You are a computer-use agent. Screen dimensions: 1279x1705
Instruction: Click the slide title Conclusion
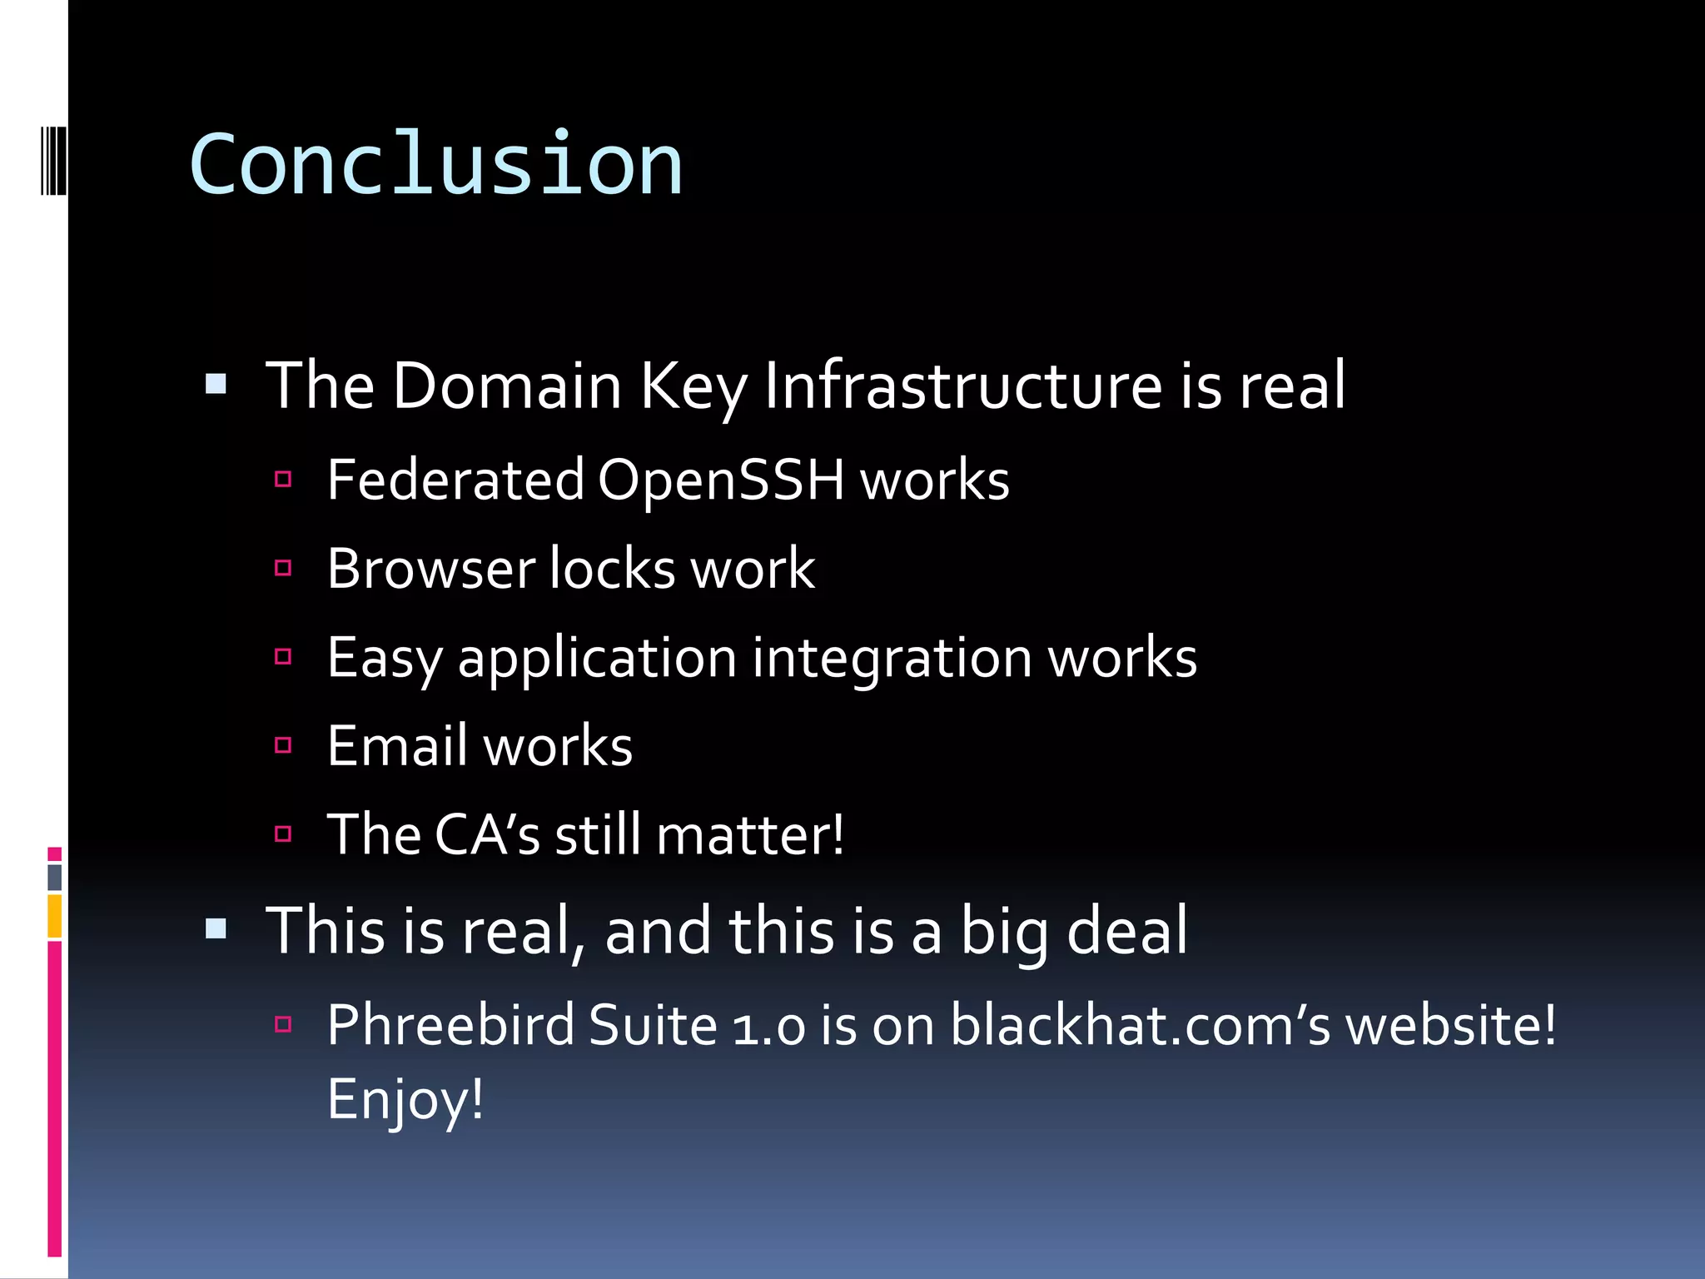coord(436,165)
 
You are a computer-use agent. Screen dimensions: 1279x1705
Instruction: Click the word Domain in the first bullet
coord(507,386)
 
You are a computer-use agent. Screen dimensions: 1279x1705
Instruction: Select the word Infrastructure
coord(962,386)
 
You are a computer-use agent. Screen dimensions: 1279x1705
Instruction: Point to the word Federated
coord(456,480)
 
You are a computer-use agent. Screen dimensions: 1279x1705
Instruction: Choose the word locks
coord(613,570)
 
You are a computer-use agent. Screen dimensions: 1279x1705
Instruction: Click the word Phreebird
coord(450,1025)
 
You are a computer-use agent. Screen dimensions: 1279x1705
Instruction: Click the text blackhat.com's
coord(1141,1025)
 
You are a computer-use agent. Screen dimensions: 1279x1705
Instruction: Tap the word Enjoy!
coord(405,1100)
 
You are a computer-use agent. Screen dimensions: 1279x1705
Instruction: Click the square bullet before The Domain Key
coord(216,384)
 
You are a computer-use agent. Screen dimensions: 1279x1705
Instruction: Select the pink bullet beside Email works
coord(283,745)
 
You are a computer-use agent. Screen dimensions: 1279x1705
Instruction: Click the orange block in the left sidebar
coord(55,916)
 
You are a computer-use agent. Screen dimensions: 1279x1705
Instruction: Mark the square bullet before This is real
coord(216,928)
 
